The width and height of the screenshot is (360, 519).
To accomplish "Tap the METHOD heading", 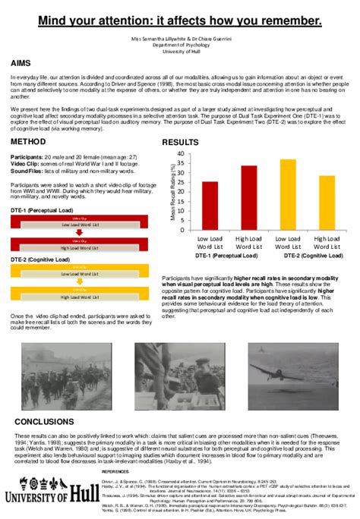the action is (x=27, y=143).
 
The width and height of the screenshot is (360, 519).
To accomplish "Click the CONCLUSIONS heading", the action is (x=44, y=421).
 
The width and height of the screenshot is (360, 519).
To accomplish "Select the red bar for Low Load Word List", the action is (x=210, y=206).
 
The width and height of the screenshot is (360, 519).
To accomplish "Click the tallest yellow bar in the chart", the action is (x=288, y=194).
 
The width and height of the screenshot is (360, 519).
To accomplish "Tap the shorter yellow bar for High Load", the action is (x=327, y=203).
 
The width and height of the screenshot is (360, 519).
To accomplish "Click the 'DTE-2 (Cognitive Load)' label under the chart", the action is (x=313, y=256).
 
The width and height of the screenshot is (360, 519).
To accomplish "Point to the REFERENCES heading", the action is (x=118, y=471).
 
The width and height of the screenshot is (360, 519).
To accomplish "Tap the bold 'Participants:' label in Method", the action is (x=27, y=156).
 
